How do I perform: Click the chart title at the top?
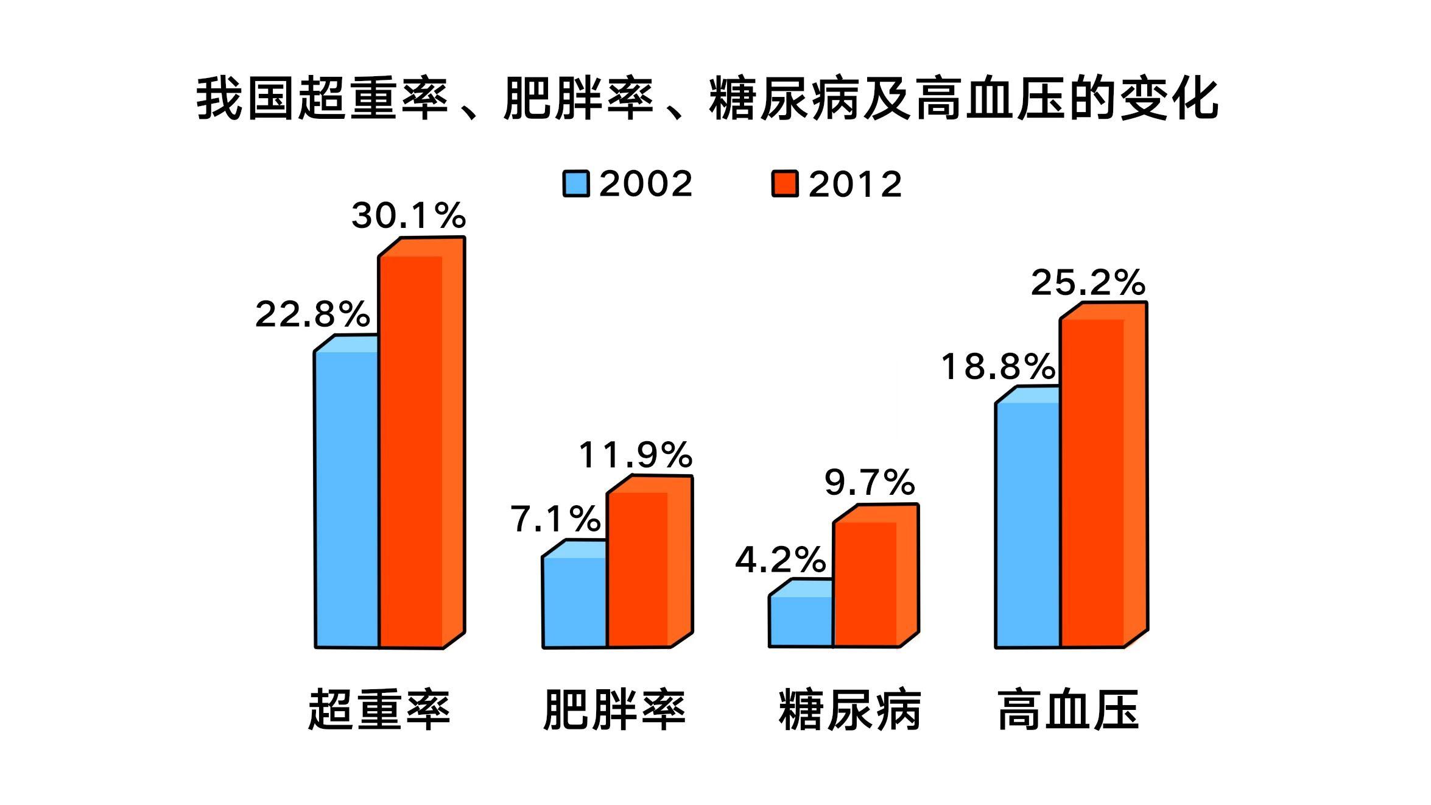(x=707, y=99)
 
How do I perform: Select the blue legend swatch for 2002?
(x=575, y=183)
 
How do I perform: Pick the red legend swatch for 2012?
(x=785, y=183)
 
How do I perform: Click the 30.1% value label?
(x=409, y=216)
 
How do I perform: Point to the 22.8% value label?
(x=312, y=314)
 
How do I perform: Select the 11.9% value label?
(x=636, y=455)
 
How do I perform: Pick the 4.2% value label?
(x=781, y=559)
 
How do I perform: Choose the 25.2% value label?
(x=1088, y=283)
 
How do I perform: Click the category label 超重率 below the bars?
(x=379, y=710)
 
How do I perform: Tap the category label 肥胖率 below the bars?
(x=614, y=710)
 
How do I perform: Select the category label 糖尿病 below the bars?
(x=850, y=710)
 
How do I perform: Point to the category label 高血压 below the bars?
(x=1069, y=710)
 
